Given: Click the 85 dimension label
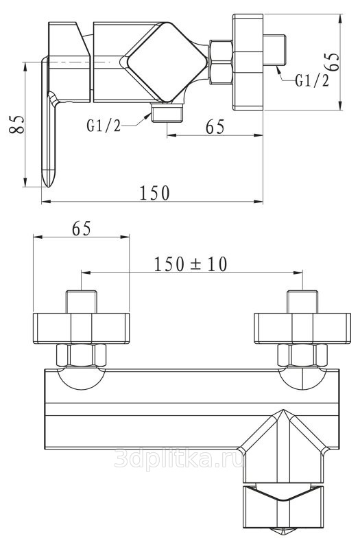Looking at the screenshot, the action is (17, 124).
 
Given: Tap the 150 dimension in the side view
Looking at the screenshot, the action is (155, 193).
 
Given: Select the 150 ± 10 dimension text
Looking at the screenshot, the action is (191, 264).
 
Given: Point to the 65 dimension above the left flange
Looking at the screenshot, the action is (82, 229).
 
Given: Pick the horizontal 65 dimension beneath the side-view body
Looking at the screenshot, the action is (215, 126).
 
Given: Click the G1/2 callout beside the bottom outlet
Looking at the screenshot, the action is (104, 125).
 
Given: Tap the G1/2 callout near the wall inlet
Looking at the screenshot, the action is (313, 80).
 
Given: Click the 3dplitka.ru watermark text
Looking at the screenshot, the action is (180, 459).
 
